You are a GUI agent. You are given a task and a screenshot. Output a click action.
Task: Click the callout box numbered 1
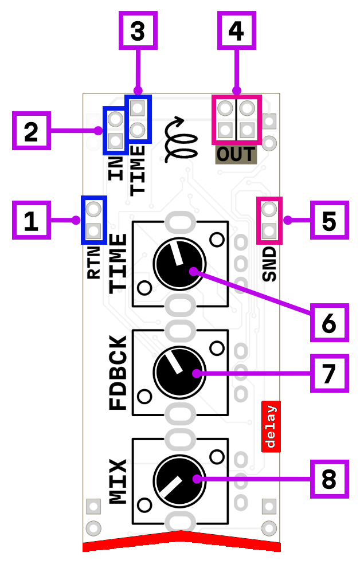coord(31,220)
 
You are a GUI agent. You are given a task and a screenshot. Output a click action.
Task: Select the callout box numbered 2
coord(31,131)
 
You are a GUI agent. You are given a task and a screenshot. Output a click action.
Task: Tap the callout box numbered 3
coord(138,30)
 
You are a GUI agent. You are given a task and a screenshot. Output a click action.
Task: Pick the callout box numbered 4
coord(236,30)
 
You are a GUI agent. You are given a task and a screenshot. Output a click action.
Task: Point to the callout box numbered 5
coord(330,220)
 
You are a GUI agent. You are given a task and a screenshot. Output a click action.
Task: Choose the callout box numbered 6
coord(330,323)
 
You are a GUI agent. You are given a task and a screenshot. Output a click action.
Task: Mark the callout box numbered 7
coord(330,373)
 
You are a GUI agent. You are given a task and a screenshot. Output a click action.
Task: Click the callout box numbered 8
coord(330,479)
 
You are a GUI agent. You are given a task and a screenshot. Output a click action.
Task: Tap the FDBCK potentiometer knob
coord(179,372)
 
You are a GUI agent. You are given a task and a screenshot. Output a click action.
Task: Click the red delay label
coord(271,426)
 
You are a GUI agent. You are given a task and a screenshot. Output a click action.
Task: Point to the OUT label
coord(236,155)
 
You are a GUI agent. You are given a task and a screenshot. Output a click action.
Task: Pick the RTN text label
coord(94,262)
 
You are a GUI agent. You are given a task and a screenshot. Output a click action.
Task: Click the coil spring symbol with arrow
coord(178,139)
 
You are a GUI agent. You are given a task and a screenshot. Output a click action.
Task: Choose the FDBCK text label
coord(118,373)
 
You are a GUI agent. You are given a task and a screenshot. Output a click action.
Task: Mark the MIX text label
coord(118,481)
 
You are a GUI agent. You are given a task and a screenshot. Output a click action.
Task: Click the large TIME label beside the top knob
coord(118,263)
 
